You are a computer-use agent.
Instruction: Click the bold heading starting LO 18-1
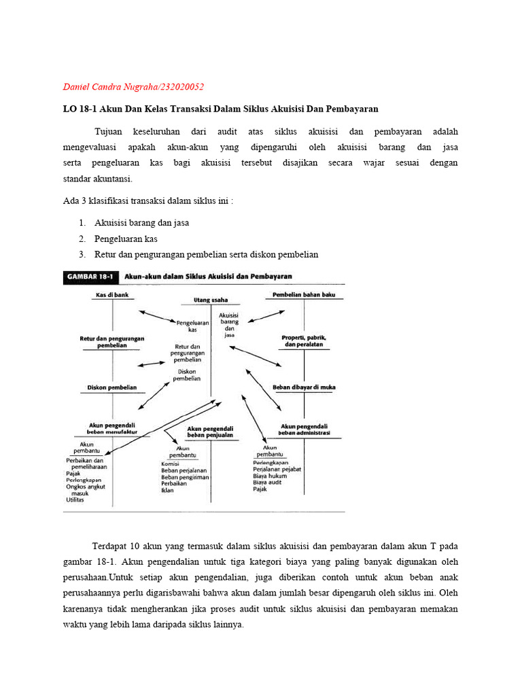click(x=221, y=109)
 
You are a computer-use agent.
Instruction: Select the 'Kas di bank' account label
click(x=112, y=296)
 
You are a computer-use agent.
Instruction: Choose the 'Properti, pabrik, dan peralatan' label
click(x=303, y=341)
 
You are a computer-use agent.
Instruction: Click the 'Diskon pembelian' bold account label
click(x=112, y=387)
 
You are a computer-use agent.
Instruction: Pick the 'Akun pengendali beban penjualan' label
click(x=210, y=432)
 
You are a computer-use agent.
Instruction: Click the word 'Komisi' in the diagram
click(x=170, y=464)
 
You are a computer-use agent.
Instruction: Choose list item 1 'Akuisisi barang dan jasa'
click(x=142, y=223)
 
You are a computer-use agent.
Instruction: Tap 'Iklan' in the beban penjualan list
click(x=167, y=490)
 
